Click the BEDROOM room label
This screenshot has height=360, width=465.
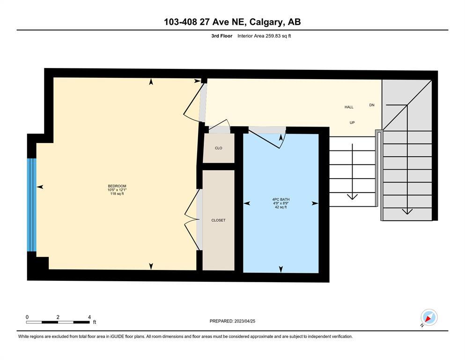point(117,186)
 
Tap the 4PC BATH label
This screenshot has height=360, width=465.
point(281,199)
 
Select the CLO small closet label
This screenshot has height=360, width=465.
point(219,148)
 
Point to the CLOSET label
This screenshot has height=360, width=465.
point(218,220)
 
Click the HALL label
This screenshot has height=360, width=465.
point(349,107)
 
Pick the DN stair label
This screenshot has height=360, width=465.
point(372,105)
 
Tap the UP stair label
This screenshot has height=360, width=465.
point(352,122)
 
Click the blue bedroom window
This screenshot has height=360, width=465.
point(31,205)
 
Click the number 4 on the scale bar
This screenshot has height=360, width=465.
point(89,317)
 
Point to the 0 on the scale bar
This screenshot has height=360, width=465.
point(27,317)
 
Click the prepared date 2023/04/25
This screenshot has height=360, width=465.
point(244,321)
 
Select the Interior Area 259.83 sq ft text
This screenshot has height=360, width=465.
point(264,36)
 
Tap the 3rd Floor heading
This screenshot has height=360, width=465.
point(222,36)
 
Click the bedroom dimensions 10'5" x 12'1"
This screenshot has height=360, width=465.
point(117,190)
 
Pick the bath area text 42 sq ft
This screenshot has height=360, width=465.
point(281,207)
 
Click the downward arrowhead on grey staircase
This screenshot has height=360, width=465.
point(407,211)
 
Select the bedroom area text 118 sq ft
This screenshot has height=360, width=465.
point(117,194)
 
